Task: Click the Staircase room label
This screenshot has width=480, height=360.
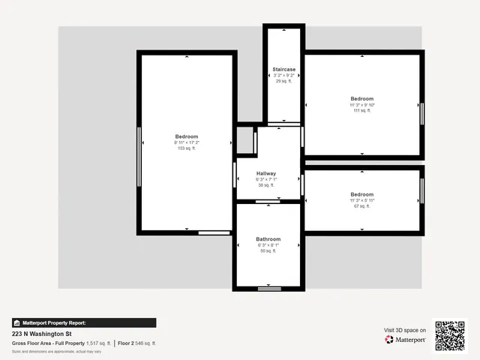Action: [x=283, y=69]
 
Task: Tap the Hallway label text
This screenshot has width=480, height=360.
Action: [x=266, y=173]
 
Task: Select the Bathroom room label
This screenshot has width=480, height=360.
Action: [x=268, y=239]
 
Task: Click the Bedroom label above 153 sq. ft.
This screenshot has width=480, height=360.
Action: [x=186, y=136]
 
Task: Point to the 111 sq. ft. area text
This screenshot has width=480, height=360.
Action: [x=361, y=111]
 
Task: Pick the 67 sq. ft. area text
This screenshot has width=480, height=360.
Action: [x=361, y=206]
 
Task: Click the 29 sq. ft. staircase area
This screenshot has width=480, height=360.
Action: [x=283, y=81]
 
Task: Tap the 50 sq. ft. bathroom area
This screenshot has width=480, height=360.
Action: [x=268, y=251]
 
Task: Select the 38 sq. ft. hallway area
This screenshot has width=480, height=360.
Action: [x=266, y=185]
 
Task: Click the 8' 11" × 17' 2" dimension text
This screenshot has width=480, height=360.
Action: [x=186, y=142]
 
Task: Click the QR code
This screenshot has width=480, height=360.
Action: [x=450, y=336]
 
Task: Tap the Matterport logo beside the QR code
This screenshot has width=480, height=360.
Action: [x=406, y=340]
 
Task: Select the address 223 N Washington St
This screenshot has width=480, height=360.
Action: [x=41, y=334]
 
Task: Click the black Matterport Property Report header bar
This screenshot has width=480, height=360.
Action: [x=84, y=322]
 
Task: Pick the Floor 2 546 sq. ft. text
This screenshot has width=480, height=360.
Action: [x=136, y=343]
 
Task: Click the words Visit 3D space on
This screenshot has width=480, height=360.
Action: [x=405, y=330]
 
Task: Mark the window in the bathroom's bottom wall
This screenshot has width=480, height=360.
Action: [x=268, y=288]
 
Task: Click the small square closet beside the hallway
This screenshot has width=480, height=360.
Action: [x=245, y=139]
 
